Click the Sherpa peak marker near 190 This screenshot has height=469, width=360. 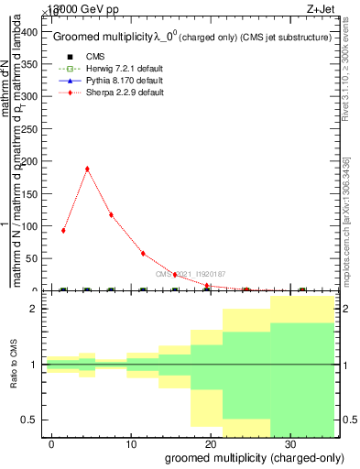pyautogui.click(x=87, y=169)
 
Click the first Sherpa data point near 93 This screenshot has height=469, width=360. pyautogui.click(x=63, y=231)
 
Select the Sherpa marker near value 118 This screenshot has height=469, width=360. pyautogui.click(x=111, y=214)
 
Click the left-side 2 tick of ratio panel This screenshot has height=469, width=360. pyautogui.click(x=35, y=309)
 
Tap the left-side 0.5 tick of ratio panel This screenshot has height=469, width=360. pyautogui.click(x=31, y=420)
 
